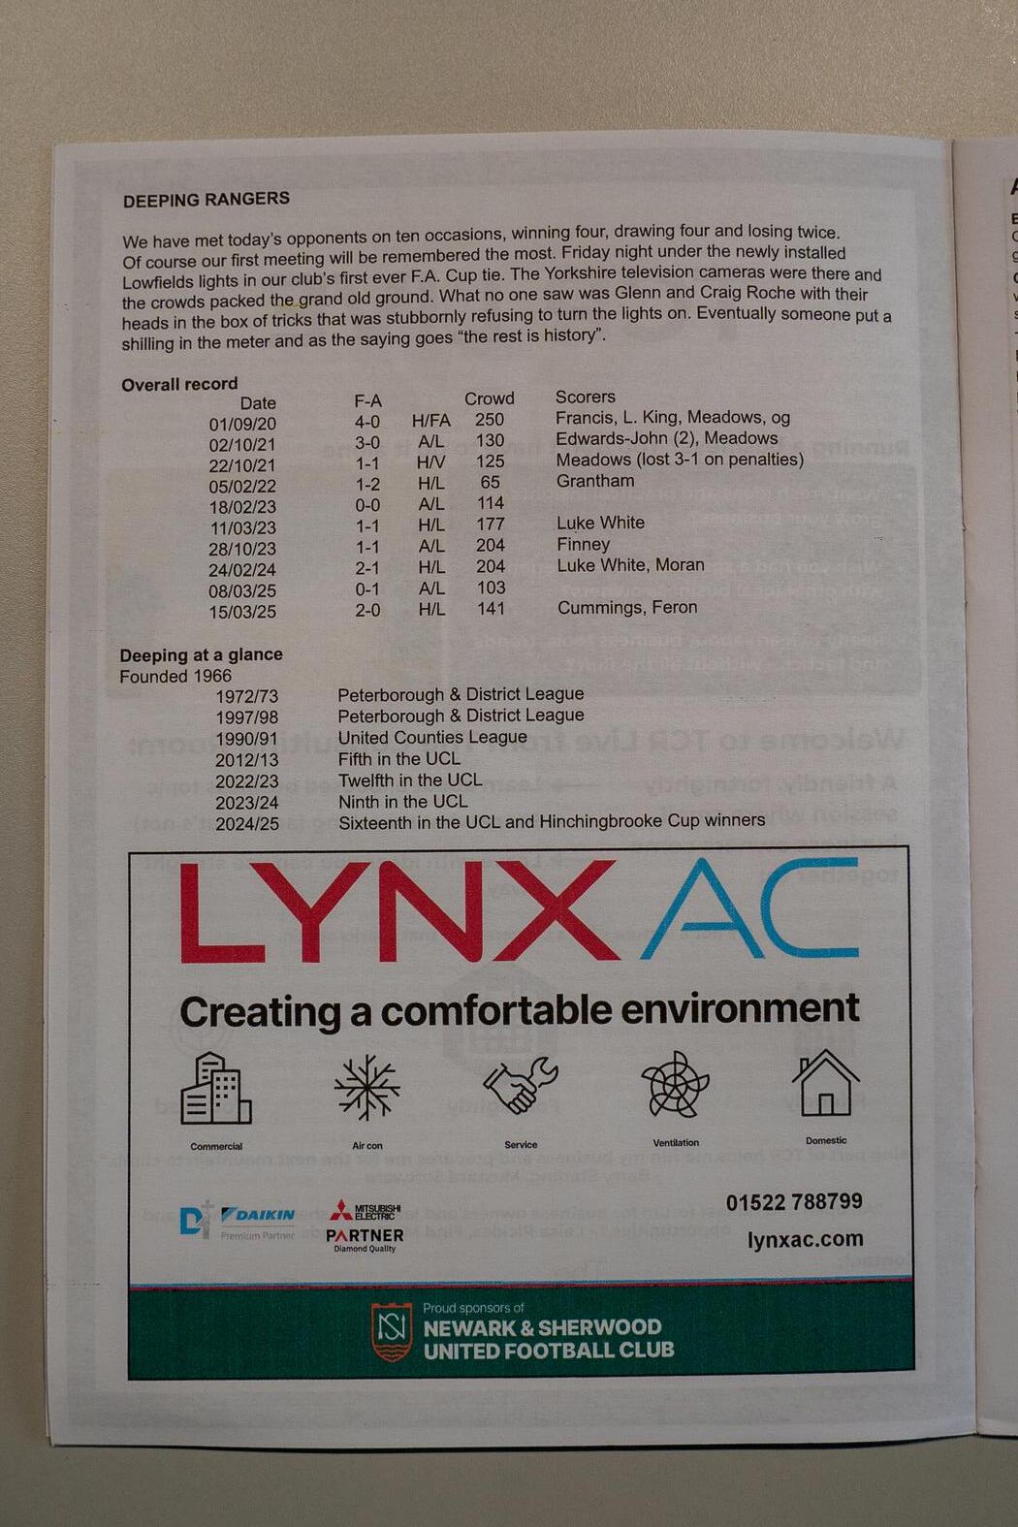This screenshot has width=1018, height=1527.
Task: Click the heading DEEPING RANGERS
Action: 206,200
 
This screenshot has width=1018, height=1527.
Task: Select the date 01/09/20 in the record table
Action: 242,424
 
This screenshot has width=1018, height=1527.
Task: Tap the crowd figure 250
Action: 490,420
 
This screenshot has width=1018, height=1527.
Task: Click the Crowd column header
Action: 490,398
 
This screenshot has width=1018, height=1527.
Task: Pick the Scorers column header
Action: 585,397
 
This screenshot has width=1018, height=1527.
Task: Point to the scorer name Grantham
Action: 595,481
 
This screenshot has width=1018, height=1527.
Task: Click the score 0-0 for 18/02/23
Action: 367,505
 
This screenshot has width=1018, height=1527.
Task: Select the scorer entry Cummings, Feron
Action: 627,608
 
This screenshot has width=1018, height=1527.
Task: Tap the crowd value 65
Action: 491,482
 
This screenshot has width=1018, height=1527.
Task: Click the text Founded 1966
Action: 175,676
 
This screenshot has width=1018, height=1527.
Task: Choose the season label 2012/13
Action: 246,760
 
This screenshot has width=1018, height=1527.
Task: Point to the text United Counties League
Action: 432,737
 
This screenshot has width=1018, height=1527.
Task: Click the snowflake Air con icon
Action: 366,1088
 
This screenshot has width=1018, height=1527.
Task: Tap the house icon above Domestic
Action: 825,1083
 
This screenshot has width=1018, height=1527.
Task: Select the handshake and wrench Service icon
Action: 521,1085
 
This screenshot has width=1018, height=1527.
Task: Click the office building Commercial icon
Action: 216,1089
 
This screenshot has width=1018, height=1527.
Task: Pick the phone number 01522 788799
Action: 794,1202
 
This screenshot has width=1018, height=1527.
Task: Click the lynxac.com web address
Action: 805,1239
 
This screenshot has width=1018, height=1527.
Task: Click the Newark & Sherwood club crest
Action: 392,1331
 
